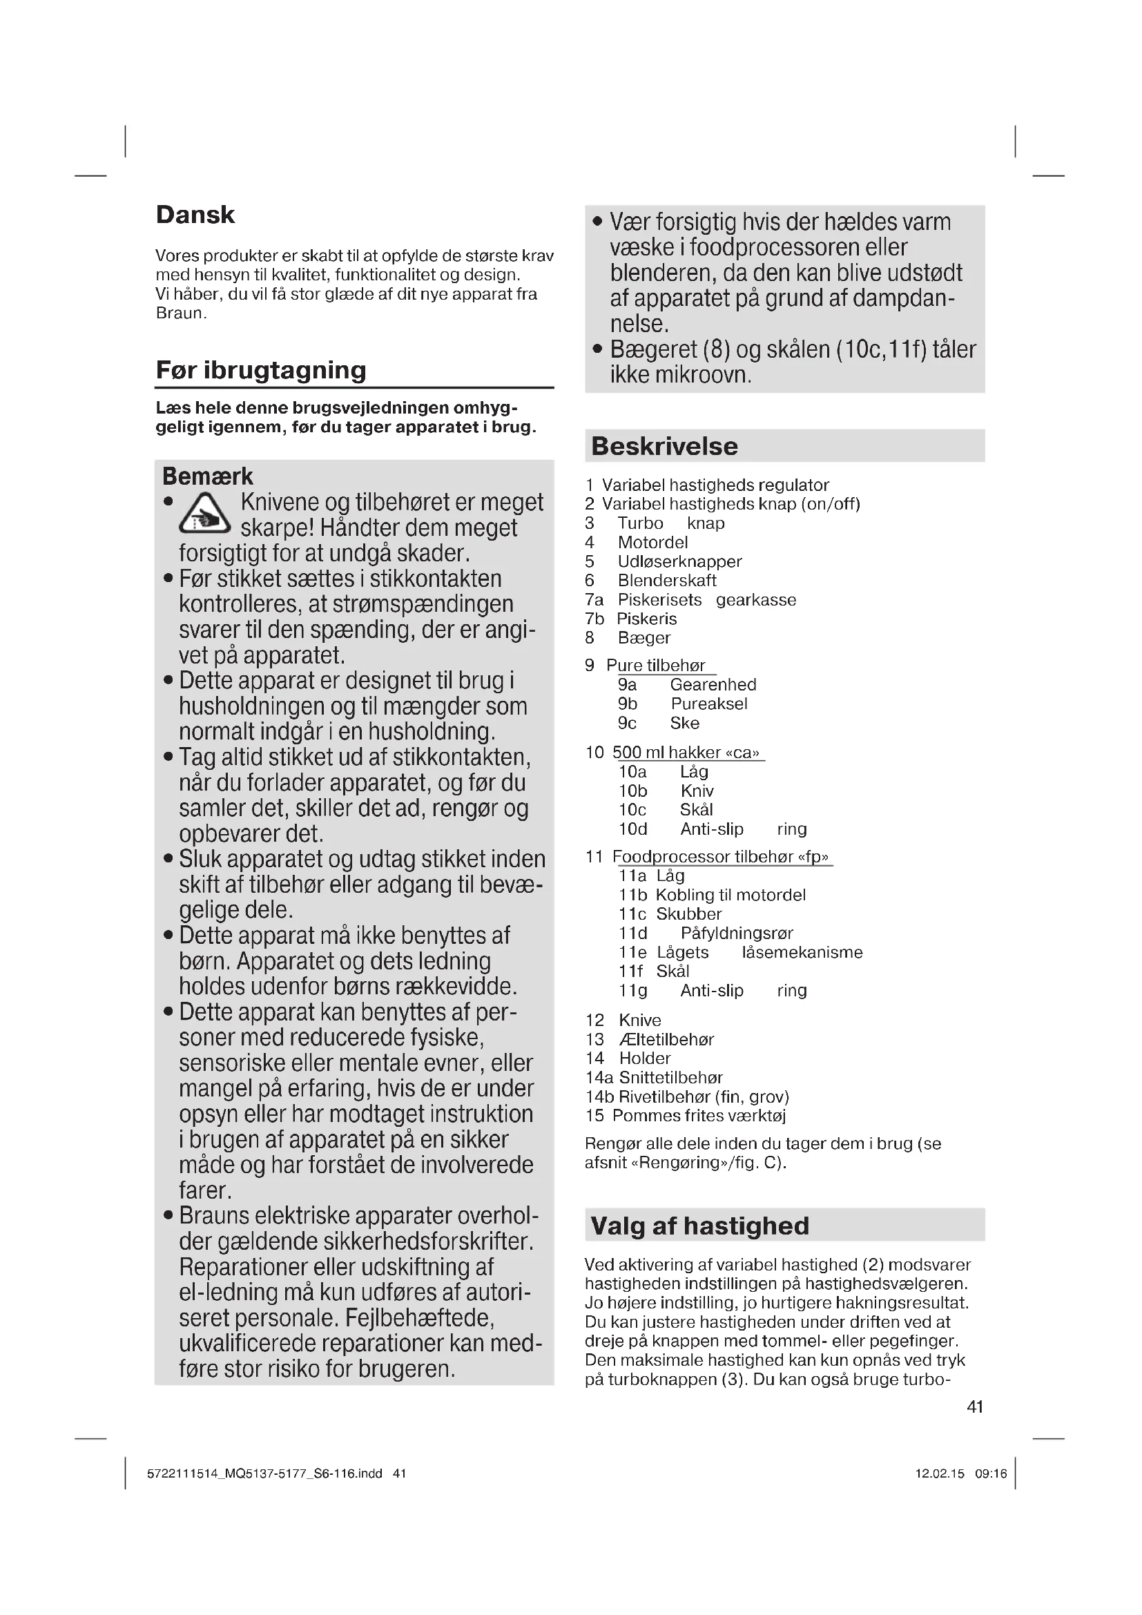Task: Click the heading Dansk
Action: [x=195, y=215]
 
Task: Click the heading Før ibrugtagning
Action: [x=261, y=370]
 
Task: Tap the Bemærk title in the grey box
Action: [x=206, y=476]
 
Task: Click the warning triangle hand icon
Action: [x=204, y=514]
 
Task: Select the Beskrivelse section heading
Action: [x=664, y=446]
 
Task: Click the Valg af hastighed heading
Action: [x=699, y=1226]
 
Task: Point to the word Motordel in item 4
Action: [x=652, y=542]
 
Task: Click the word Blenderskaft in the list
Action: [x=667, y=580]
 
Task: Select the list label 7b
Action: [x=594, y=619]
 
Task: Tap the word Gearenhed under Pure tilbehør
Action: [x=713, y=684]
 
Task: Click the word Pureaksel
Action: [x=709, y=704]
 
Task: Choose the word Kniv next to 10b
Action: [x=697, y=791]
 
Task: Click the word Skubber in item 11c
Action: [x=688, y=913]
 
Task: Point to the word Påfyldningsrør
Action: [x=736, y=933]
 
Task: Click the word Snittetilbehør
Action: [x=670, y=1077]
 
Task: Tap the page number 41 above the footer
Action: [x=975, y=1406]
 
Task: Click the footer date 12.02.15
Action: [x=940, y=1473]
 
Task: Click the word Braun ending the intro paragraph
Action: [x=180, y=313]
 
